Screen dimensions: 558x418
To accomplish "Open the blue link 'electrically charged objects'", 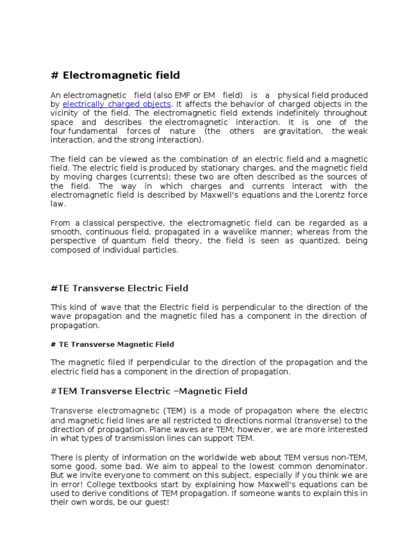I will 117,104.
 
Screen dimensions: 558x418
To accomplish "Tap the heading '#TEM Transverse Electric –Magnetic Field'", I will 149,391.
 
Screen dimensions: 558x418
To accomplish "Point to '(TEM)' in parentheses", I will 160,410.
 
